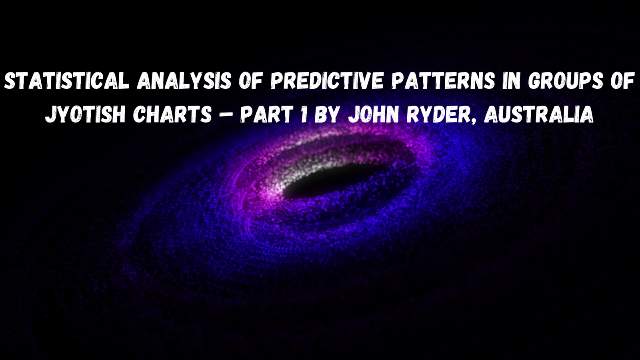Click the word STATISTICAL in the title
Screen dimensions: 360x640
(66, 82)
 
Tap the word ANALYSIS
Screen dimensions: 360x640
(184, 82)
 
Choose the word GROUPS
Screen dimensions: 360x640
(566, 82)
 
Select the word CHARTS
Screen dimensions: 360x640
(172, 115)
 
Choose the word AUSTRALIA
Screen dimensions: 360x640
(538, 115)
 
